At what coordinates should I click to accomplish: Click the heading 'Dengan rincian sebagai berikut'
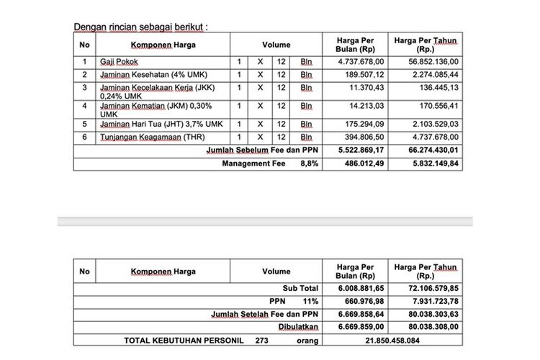[141, 27]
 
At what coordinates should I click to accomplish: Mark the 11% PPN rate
[310, 301]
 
